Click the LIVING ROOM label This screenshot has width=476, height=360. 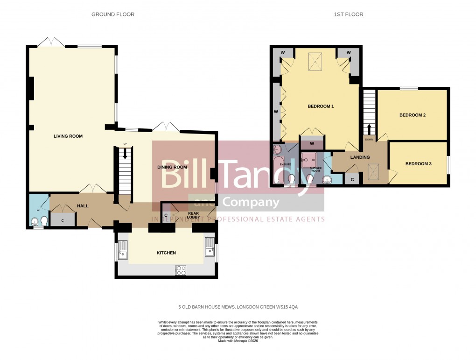click(x=68, y=136)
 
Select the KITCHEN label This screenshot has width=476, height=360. click(x=166, y=253)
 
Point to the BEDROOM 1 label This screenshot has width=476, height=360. click(x=321, y=106)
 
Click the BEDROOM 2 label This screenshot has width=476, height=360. click(x=412, y=115)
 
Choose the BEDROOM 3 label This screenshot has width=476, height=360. click(x=418, y=164)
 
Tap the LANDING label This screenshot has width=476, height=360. click(x=360, y=157)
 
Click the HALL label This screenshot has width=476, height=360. click(x=83, y=206)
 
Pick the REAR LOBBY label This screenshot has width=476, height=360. click(x=193, y=216)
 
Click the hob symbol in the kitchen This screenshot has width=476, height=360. click(x=181, y=270)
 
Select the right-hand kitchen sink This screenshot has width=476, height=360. click(x=209, y=247)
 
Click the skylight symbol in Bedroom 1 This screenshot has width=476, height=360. click(x=315, y=62)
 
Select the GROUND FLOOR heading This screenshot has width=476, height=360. click(x=113, y=14)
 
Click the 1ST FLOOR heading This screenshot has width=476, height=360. click(x=349, y=14)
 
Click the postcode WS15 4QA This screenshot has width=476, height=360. click(x=287, y=307)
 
